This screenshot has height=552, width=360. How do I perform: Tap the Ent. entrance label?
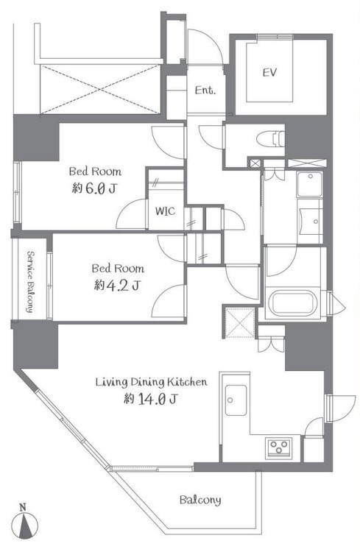click(x=205, y=91)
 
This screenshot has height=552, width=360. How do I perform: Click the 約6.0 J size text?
click(x=94, y=188)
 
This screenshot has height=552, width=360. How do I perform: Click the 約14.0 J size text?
click(x=150, y=400)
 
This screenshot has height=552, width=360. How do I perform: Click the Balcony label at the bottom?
click(x=200, y=500)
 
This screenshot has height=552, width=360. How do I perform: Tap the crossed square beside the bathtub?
click(x=239, y=321)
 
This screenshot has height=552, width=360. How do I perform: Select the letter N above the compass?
click(x=23, y=507)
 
